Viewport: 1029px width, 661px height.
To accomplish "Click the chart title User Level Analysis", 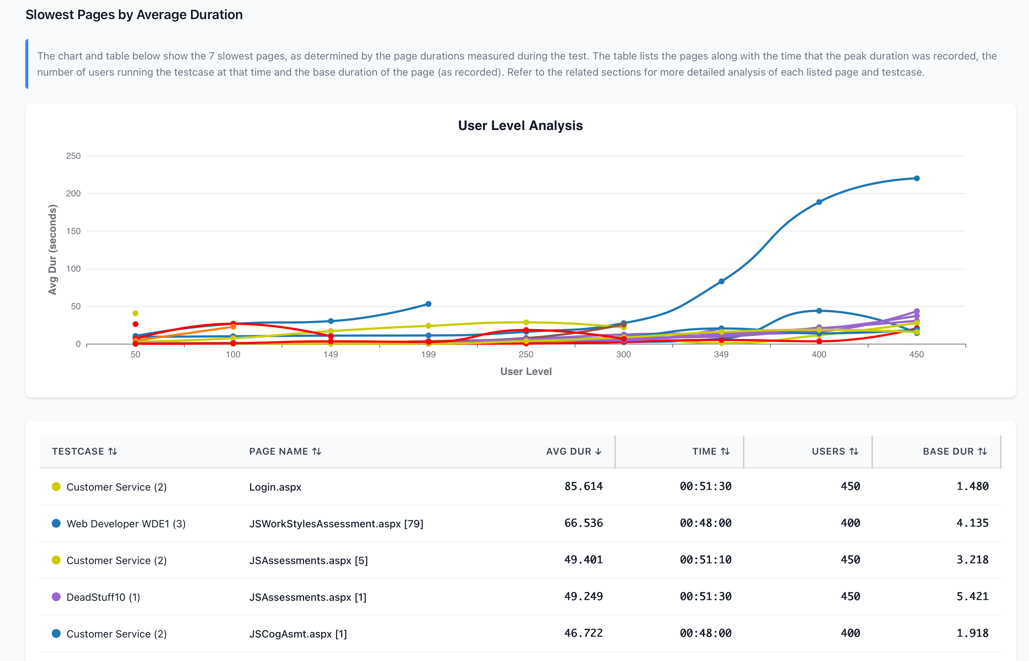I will click(x=520, y=125).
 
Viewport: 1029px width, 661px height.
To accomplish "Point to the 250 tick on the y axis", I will click(x=73, y=156).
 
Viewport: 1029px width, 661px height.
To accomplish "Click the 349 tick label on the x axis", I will click(x=721, y=354).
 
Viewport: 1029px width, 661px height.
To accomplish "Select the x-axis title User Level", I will click(x=526, y=371).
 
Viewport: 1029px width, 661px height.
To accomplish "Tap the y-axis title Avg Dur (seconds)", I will click(x=53, y=249).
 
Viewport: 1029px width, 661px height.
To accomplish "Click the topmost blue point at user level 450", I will click(x=917, y=178).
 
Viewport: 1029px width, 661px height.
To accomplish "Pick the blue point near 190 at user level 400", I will click(x=819, y=202).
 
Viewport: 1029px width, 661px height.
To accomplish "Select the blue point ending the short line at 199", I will click(x=428, y=304).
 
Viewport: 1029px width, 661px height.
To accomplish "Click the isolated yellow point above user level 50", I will click(x=136, y=313).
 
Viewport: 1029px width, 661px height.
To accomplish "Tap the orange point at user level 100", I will click(x=233, y=327).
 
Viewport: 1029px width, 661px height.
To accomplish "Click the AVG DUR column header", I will click(x=573, y=452).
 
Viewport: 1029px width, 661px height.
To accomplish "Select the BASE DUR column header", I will click(x=954, y=452).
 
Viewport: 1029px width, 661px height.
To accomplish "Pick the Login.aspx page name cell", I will click(x=275, y=487).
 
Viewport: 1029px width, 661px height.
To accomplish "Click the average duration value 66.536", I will click(x=583, y=523).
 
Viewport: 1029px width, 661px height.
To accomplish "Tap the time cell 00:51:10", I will click(x=705, y=560).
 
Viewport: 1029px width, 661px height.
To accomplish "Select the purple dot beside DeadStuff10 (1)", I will click(x=56, y=597).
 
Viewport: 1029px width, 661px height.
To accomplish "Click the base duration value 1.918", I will click(x=972, y=633).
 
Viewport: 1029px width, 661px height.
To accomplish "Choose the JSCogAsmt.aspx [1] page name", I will click(x=298, y=634).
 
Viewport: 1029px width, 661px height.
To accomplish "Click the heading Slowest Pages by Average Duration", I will click(x=134, y=15).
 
